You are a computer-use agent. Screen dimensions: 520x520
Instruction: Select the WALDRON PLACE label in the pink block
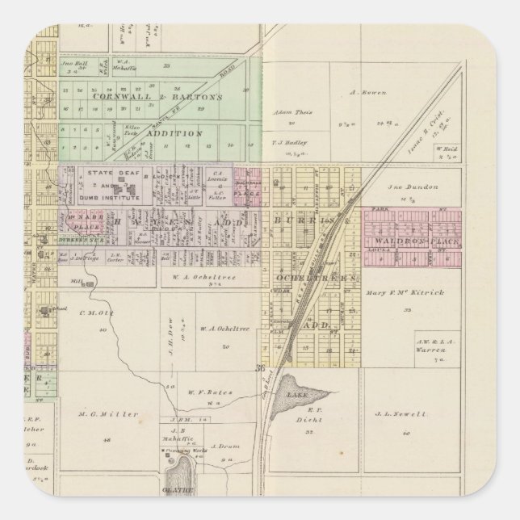(408, 241)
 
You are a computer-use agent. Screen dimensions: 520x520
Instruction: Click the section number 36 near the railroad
(259, 369)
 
